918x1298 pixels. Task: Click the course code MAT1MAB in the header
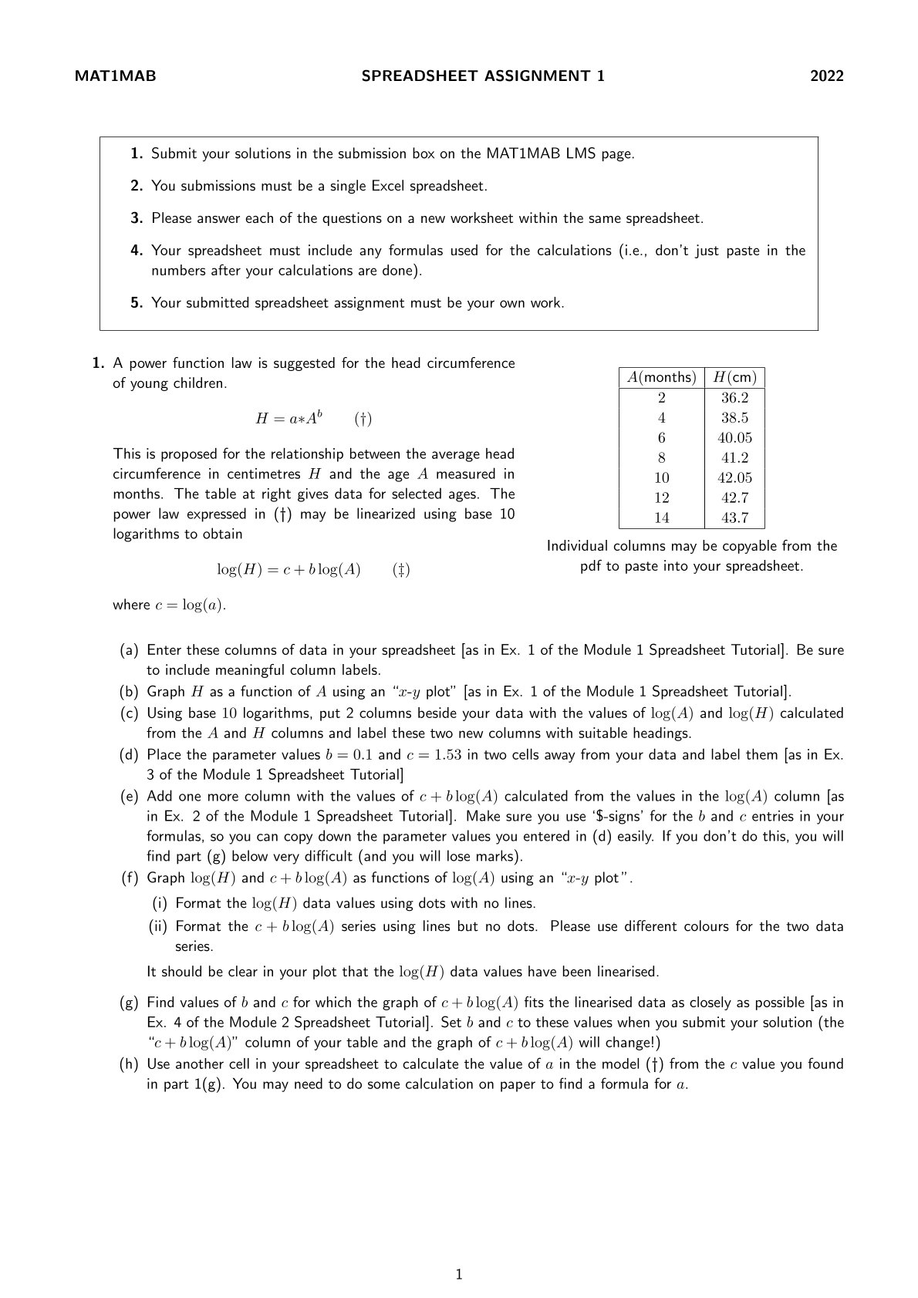click(115, 76)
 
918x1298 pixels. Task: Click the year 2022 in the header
click(826, 76)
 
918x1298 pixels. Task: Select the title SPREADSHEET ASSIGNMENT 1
click(483, 76)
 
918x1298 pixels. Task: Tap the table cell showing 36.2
click(734, 398)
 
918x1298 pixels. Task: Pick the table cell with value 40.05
click(734, 438)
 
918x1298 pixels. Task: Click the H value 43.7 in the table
click(734, 518)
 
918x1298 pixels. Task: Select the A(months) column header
click(662, 377)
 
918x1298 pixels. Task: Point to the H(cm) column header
click(734, 377)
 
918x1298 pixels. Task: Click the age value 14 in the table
click(662, 518)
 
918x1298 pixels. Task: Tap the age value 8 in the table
click(662, 458)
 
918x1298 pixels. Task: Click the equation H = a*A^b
click(289, 419)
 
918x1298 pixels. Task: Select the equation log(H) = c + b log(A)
click(289, 570)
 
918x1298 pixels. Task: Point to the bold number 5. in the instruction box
click(137, 303)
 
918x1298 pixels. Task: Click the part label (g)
click(129, 1003)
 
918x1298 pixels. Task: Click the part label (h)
click(129, 1064)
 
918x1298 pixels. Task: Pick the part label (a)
click(129, 650)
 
